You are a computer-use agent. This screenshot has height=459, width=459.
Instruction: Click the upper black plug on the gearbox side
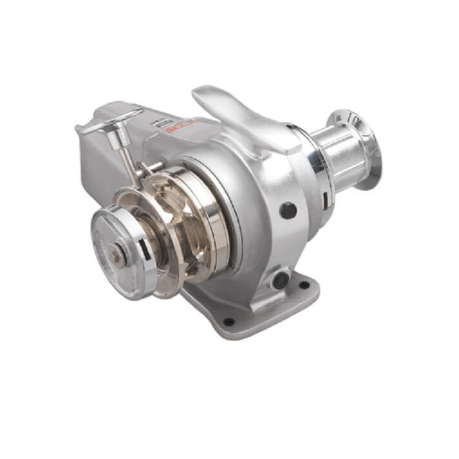point(287,210)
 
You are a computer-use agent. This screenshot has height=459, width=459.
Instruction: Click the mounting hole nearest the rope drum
point(302,285)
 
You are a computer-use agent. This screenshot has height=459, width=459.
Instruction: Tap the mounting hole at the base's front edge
point(227,321)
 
